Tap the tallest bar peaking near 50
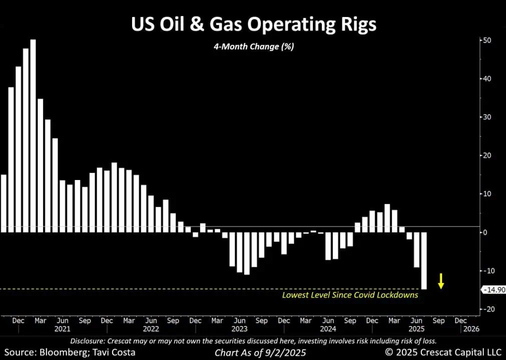(33, 135)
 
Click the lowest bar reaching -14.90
(424, 260)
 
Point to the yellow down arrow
(441, 280)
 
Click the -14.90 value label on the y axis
(493, 289)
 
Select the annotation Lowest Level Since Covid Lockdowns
(350, 295)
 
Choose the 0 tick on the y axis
(484, 232)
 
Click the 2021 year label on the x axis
(63, 329)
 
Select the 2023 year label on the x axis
(239, 329)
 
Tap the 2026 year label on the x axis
(471, 329)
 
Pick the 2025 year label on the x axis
(416, 329)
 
